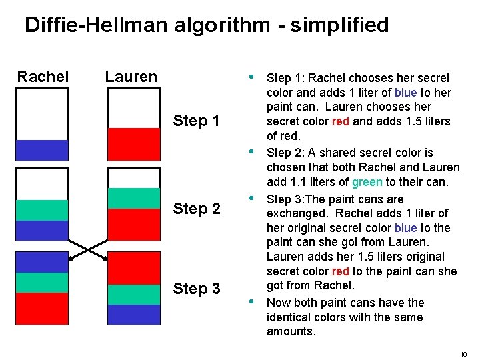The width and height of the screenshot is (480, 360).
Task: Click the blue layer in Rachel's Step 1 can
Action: tap(43, 150)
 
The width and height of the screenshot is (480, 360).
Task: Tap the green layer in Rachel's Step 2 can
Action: tap(43, 210)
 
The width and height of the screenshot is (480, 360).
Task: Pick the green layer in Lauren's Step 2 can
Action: tap(134, 198)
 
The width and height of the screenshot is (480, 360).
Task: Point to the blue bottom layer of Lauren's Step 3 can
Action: tap(134, 315)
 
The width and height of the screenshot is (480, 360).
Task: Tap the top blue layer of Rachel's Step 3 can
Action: tap(43, 262)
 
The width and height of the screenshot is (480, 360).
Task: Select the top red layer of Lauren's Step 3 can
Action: tap(134, 268)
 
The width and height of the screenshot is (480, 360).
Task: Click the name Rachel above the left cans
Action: tap(43, 77)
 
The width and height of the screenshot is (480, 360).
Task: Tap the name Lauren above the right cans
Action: tap(131, 77)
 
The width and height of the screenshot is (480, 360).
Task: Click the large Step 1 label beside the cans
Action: tap(196, 121)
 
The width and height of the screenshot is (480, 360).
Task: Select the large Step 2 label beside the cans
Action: tap(196, 209)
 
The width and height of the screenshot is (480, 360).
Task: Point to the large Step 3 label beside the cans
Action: tap(196, 289)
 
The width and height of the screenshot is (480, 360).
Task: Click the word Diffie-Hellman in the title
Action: tap(93, 25)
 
